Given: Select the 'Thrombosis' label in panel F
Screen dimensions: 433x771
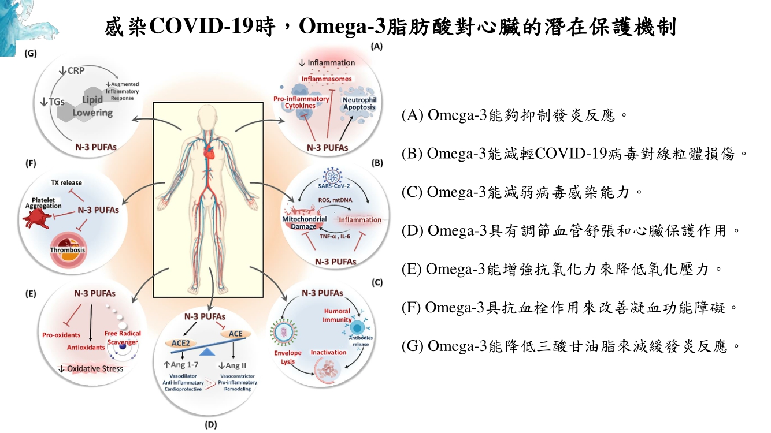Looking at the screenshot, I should pos(68,250).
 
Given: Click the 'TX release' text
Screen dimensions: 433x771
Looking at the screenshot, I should pos(66,182).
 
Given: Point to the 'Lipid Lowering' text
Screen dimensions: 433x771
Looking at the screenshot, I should pos(92,106).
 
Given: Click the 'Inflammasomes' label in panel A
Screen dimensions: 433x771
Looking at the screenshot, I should pos(327,79).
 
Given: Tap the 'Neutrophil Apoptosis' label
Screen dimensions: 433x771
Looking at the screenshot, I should pos(359,104).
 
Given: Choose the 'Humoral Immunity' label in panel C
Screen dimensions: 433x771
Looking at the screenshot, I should pos(337,315).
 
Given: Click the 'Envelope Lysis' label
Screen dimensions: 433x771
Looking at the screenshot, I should pos(287,357).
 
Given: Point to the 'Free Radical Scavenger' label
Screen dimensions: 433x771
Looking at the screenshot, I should pos(122,338).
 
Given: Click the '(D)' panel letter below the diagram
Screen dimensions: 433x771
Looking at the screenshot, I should pos(210,425).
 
